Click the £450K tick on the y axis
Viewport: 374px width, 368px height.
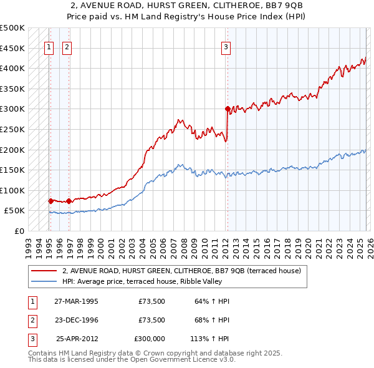[12, 48]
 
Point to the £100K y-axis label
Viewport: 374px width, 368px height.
[12, 190]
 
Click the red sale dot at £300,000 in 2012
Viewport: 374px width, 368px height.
[228, 109]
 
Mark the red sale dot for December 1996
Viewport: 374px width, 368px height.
[68, 201]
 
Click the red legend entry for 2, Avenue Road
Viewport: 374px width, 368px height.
[181, 271]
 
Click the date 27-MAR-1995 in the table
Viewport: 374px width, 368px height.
[76, 301]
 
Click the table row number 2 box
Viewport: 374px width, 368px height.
[31, 320]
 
